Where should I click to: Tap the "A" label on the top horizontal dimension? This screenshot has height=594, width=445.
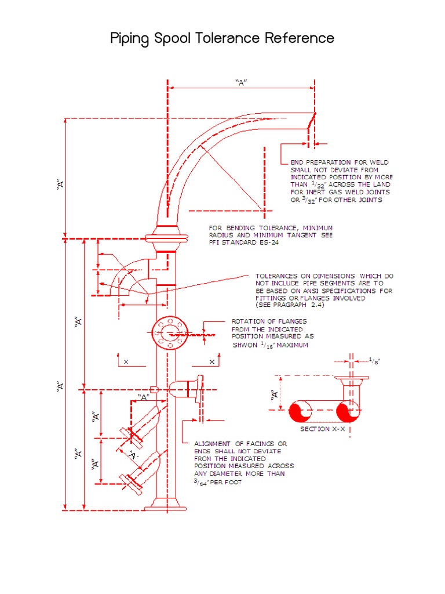pyautogui.click(x=241, y=82)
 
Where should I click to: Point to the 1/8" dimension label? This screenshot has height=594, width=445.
pyautogui.click(x=375, y=361)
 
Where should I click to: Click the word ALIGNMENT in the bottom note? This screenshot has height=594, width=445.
pyautogui.click(x=217, y=443)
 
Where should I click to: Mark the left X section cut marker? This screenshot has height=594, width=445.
pyautogui.click(x=125, y=361)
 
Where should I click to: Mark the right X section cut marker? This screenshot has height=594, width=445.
pyautogui.click(x=211, y=361)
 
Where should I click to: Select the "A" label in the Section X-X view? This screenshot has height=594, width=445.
pyautogui.click(x=274, y=394)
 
